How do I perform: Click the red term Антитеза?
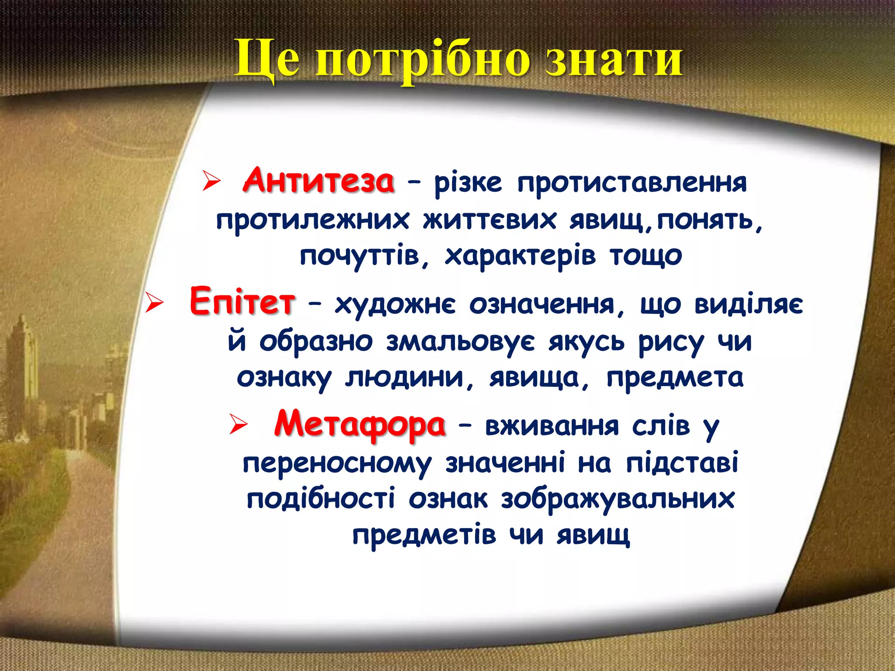[x=319, y=181]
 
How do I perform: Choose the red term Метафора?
[x=360, y=424]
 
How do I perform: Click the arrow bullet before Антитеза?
[x=211, y=182]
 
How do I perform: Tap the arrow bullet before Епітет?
[x=154, y=303]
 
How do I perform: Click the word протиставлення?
[x=632, y=183]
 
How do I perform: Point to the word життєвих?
[x=489, y=219]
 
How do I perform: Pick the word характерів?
[x=520, y=256]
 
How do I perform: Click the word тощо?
[x=646, y=256]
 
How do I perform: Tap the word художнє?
[x=395, y=304]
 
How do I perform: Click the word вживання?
[x=552, y=425]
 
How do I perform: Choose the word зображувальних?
[x=617, y=499]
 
